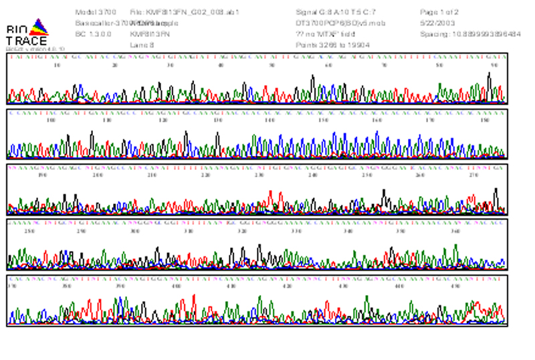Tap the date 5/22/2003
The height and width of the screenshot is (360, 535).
tap(434, 23)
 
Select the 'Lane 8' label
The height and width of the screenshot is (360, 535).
tap(142, 45)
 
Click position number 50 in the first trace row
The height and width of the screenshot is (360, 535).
tap(272, 66)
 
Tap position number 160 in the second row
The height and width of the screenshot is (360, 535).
tap(377, 121)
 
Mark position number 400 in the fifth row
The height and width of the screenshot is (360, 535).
tap(176, 286)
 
